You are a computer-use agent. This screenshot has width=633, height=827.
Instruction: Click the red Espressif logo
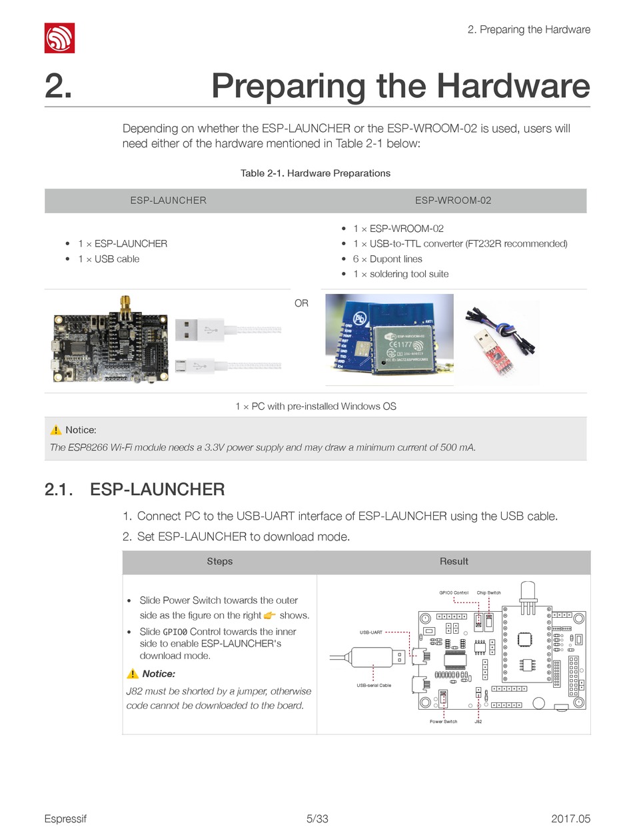coord(59,38)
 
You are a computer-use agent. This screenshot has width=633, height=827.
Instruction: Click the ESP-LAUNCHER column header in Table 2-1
coord(168,200)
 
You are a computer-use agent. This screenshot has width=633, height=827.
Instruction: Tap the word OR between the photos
coord(301,303)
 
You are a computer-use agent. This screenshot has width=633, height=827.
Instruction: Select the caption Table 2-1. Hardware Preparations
coord(315,173)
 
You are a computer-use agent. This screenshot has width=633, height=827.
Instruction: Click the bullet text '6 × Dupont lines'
coord(387,259)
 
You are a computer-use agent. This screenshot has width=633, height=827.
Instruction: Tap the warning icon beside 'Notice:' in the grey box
coord(55,430)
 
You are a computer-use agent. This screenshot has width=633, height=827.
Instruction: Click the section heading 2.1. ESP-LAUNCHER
coord(135,490)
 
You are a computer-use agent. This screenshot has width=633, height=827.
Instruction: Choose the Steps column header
coord(219,561)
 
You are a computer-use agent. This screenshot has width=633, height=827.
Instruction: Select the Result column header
coord(454,561)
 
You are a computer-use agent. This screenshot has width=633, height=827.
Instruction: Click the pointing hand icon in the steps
coord(269,615)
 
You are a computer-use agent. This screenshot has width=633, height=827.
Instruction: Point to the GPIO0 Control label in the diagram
coord(454,592)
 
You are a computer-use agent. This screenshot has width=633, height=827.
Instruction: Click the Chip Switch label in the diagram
coord(488,592)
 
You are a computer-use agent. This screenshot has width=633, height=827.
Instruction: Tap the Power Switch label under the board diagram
coord(444,722)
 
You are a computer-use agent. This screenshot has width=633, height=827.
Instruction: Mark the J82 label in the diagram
coord(478,722)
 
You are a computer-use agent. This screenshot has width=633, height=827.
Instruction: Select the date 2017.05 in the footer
coord(570,818)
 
